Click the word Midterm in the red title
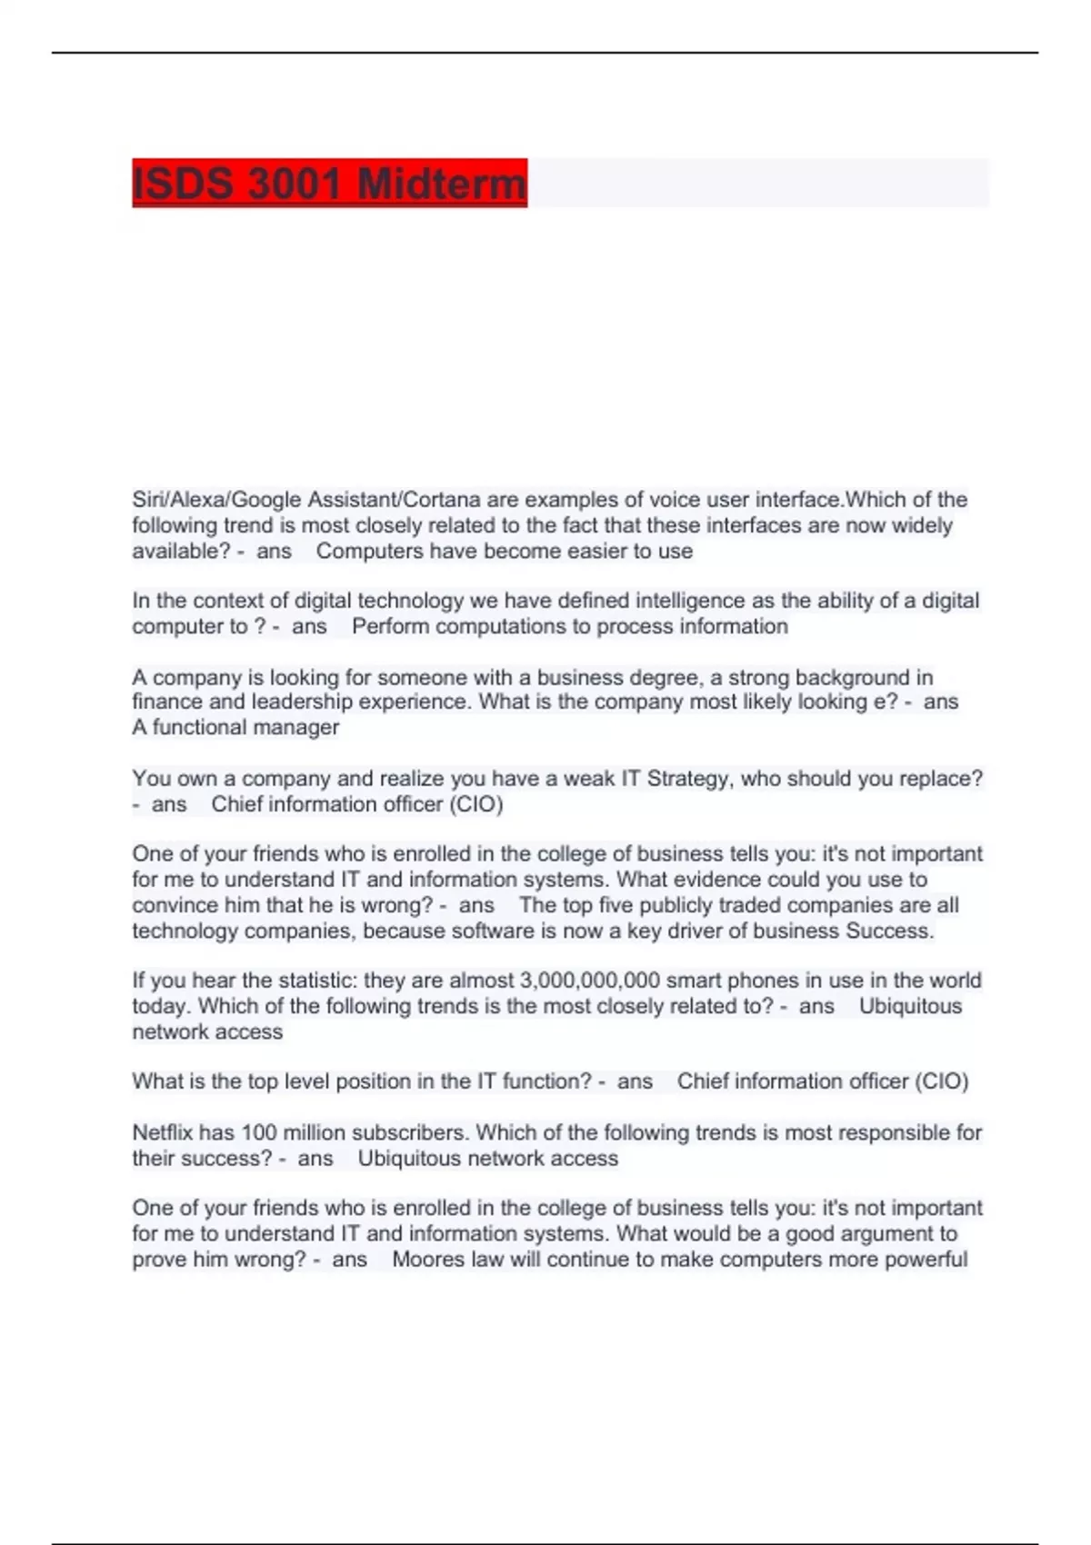tap(441, 184)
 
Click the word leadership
tap(302, 702)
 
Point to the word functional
tap(198, 727)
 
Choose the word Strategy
tap(688, 779)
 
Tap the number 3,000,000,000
tap(589, 981)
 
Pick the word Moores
tap(427, 1260)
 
